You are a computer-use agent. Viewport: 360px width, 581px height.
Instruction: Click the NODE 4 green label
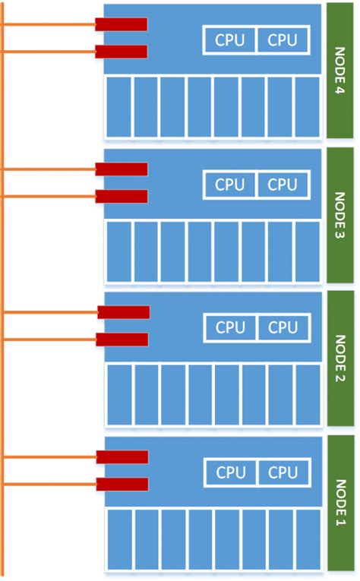[340, 71]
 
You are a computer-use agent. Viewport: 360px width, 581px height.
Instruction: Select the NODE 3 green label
[340, 215]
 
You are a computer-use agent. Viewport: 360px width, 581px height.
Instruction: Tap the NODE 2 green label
[340, 358]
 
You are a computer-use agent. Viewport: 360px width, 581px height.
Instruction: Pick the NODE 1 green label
[340, 503]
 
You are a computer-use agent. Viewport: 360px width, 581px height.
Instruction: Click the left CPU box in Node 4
[229, 40]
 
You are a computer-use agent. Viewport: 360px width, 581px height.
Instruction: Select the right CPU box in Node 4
[283, 40]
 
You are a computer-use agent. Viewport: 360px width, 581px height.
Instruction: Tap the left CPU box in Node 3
[229, 184]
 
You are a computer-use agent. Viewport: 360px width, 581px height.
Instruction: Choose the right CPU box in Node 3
[283, 184]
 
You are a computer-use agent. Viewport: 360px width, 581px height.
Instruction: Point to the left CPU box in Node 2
[230, 327]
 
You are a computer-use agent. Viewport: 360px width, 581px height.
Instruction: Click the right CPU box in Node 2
[283, 327]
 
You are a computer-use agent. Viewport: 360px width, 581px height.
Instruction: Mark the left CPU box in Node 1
[230, 472]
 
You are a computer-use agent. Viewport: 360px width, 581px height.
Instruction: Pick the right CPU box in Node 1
[283, 472]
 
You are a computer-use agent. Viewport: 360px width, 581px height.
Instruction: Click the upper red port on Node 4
[121, 24]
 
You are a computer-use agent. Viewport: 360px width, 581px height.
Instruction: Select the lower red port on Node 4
[121, 52]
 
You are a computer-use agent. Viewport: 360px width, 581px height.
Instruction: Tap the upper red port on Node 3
[121, 169]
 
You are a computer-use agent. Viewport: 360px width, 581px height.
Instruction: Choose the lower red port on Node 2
[123, 339]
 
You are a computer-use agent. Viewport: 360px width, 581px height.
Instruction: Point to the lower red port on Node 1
[122, 484]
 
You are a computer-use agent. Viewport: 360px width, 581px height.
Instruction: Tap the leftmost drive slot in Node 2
[119, 394]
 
